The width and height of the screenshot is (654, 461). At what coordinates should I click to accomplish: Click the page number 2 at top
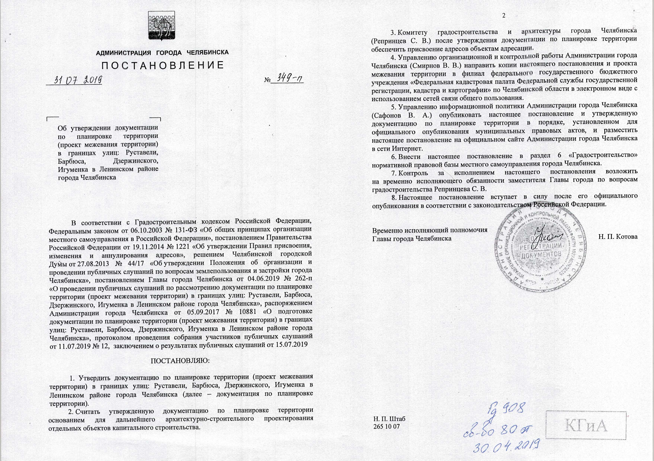coord(504,16)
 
